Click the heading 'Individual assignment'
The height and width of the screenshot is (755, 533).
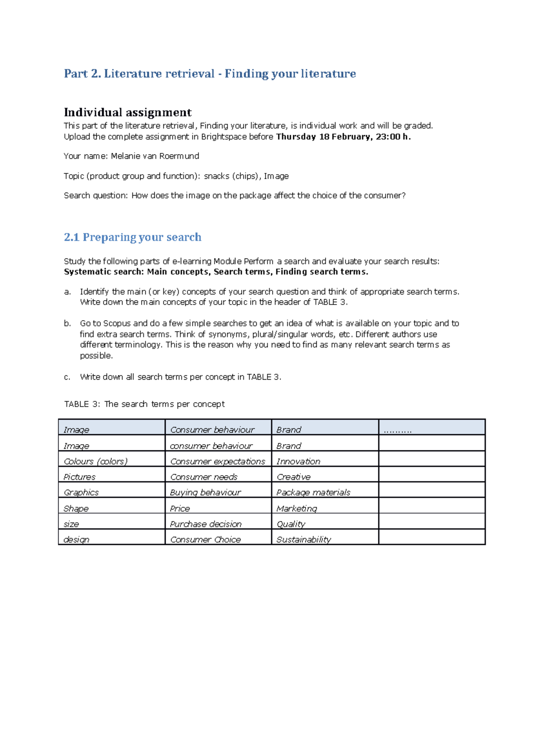pyautogui.click(x=127, y=112)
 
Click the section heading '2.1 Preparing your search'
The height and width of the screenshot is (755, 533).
pyautogui.click(x=132, y=237)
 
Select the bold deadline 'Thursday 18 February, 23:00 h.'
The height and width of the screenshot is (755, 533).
pyautogui.click(x=343, y=137)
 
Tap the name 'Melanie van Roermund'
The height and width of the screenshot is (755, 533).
pyautogui.click(x=155, y=156)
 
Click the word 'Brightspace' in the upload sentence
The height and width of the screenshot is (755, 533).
pyautogui.click(x=224, y=137)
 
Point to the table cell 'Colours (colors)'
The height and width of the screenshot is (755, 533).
pyautogui.click(x=95, y=462)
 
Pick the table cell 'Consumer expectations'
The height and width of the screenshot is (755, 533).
pyautogui.click(x=217, y=462)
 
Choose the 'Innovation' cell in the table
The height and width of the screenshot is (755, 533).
pyautogui.click(x=298, y=462)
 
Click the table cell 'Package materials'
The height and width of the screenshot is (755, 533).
pyautogui.click(x=313, y=493)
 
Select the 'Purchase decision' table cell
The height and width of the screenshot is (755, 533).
pyautogui.click(x=206, y=524)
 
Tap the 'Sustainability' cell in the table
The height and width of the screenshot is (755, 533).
pyautogui.click(x=303, y=540)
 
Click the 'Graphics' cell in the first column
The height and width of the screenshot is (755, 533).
pyautogui.click(x=81, y=493)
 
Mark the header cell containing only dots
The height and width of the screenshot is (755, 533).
pyautogui.click(x=398, y=430)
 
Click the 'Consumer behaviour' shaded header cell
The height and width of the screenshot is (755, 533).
pyautogui.click(x=212, y=430)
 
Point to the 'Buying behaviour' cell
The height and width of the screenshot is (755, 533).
pyautogui.click(x=205, y=493)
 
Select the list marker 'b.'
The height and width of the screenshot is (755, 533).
pyautogui.click(x=67, y=324)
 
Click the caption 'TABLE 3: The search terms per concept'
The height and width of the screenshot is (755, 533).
pyautogui.click(x=144, y=404)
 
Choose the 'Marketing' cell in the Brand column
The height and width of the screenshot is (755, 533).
pyautogui.click(x=297, y=509)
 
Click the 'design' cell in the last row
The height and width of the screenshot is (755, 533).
pyautogui.click(x=76, y=540)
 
